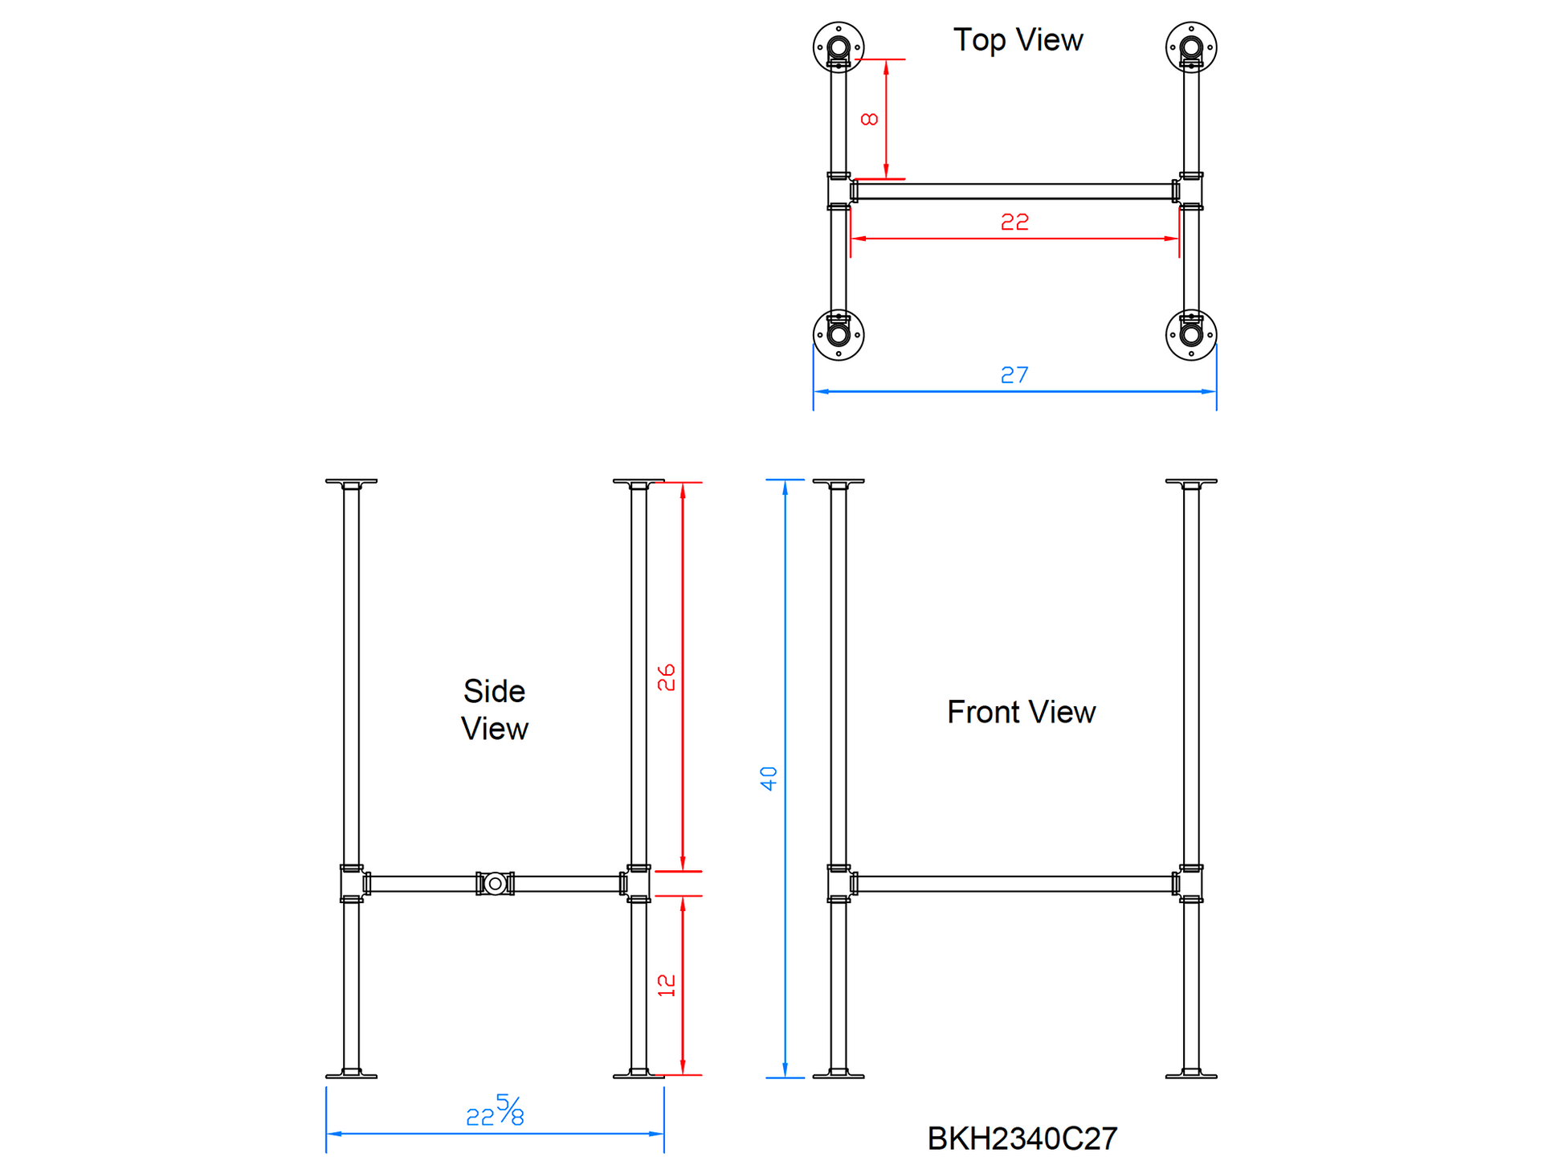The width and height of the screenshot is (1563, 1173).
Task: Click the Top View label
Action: (1018, 40)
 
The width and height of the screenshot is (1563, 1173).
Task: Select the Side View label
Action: (494, 709)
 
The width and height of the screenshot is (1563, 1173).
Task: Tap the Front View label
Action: (1021, 712)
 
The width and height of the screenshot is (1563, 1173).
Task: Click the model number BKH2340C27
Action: (1022, 1138)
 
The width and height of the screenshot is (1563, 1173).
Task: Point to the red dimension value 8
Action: (869, 119)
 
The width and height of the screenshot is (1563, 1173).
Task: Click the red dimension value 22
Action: (1014, 222)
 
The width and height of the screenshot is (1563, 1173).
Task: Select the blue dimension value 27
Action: (1014, 375)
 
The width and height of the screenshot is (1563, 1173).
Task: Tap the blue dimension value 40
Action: (769, 779)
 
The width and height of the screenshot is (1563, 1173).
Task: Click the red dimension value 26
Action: (667, 677)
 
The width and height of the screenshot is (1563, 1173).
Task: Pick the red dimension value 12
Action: (667, 985)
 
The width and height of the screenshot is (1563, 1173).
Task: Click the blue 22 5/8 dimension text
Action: (495, 1110)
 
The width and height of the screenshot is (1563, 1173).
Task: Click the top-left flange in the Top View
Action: (839, 47)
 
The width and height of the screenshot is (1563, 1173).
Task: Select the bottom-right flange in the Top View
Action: (1191, 335)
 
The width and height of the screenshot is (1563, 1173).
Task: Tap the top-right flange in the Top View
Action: (1191, 47)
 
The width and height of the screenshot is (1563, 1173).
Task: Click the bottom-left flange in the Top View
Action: (839, 335)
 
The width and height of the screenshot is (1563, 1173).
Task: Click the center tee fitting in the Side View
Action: (496, 884)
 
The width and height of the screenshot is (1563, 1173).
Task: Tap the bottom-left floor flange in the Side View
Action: (351, 1073)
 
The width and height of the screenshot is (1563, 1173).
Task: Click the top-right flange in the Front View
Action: (1191, 484)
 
